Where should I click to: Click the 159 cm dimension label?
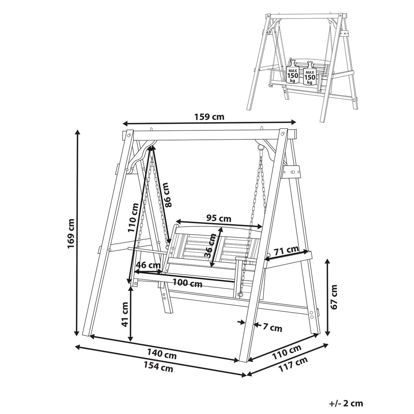pyautogui.click(x=209, y=117)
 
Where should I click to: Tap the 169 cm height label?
pyautogui.click(x=71, y=234)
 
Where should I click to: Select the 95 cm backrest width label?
pyautogui.click(x=219, y=218)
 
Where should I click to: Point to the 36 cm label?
pyautogui.click(x=210, y=245)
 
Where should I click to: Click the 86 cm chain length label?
pyautogui.click(x=168, y=195)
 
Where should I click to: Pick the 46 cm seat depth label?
pyautogui.click(x=148, y=265)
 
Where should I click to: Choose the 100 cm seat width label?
pyautogui.click(x=187, y=283)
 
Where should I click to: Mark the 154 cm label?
pyautogui.click(x=158, y=366)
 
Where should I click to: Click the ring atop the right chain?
pyautogui.click(x=260, y=147)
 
